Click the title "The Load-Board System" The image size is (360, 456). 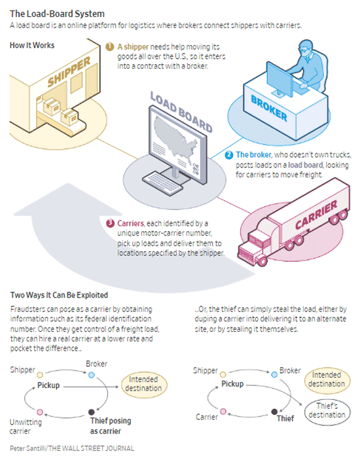pos(57,14)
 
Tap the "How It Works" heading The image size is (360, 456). pos(32,45)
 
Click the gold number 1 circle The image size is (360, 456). pos(110,46)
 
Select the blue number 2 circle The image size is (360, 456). pos(228,154)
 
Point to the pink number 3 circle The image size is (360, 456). pos(110,223)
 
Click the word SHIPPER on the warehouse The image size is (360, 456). pos(69,71)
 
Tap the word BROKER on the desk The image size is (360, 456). pos(269,109)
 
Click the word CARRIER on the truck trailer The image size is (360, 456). pos(316,215)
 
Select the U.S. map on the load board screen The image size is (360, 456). pos(175,137)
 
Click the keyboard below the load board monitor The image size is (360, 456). pos(162,182)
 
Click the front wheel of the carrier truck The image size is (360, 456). pos(262,261)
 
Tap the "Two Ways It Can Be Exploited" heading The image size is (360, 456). pos(59,295)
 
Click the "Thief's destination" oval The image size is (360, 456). pos(327,410)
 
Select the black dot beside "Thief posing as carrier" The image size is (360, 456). pos(92,412)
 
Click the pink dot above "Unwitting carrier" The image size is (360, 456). pos(40,412)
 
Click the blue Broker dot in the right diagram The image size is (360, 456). pos(274,375)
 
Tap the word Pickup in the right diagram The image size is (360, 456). pos(232,384)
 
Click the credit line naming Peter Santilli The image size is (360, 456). pos(72,448)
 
